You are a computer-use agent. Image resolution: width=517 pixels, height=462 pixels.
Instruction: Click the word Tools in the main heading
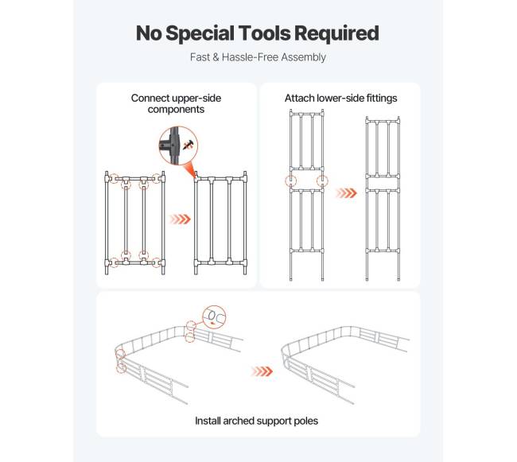pos(264,33)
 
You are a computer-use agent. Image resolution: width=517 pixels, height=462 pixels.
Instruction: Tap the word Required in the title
pos(336,34)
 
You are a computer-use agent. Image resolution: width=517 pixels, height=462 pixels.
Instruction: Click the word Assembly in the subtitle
pos(303,58)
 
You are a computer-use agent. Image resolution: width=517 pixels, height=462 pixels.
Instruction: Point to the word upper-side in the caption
pos(196,99)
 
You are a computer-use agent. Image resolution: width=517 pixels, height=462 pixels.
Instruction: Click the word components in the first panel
pos(176,110)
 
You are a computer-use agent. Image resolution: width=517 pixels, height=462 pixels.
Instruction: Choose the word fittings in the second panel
pos(380,99)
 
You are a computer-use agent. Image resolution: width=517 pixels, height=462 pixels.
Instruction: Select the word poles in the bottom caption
pos(306,421)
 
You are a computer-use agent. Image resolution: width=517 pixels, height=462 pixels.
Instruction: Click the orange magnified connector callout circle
pos(178,146)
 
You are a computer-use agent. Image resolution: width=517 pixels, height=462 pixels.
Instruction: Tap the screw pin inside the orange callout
pos(189,145)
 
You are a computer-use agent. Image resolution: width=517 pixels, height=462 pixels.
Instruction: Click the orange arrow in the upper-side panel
pos(180,219)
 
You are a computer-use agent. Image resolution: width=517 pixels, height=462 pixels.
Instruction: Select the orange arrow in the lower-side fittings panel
pos(346,192)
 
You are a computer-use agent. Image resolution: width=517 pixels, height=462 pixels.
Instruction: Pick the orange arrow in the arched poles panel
pos(262,371)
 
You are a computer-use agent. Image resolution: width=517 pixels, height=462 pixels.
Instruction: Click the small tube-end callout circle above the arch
pos(214,317)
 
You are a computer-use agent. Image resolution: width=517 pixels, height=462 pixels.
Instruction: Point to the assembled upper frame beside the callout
pos(220,223)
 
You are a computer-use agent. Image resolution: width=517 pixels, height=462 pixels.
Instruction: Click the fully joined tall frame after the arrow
pos(383,198)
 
